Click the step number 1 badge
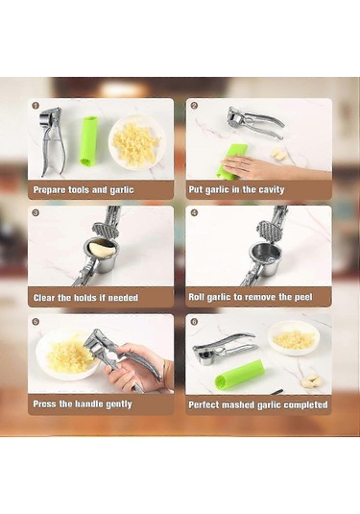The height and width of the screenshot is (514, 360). [36, 106]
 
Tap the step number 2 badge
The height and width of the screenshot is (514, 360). [194, 106]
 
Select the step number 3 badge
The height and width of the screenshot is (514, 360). [36, 212]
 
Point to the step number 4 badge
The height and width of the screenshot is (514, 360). [194, 212]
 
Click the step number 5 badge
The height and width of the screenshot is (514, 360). [36, 321]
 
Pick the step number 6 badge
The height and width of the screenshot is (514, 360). [194, 321]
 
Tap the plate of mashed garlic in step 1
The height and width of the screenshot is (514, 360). [137, 142]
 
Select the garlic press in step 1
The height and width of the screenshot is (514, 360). [52, 141]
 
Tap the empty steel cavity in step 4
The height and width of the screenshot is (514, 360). [265, 259]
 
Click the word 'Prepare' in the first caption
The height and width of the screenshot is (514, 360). [50, 190]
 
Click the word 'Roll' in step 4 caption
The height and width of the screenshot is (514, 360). [196, 297]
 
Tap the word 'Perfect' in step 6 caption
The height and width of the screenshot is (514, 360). [204, 404]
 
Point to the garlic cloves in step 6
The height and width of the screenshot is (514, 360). [311, 380]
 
